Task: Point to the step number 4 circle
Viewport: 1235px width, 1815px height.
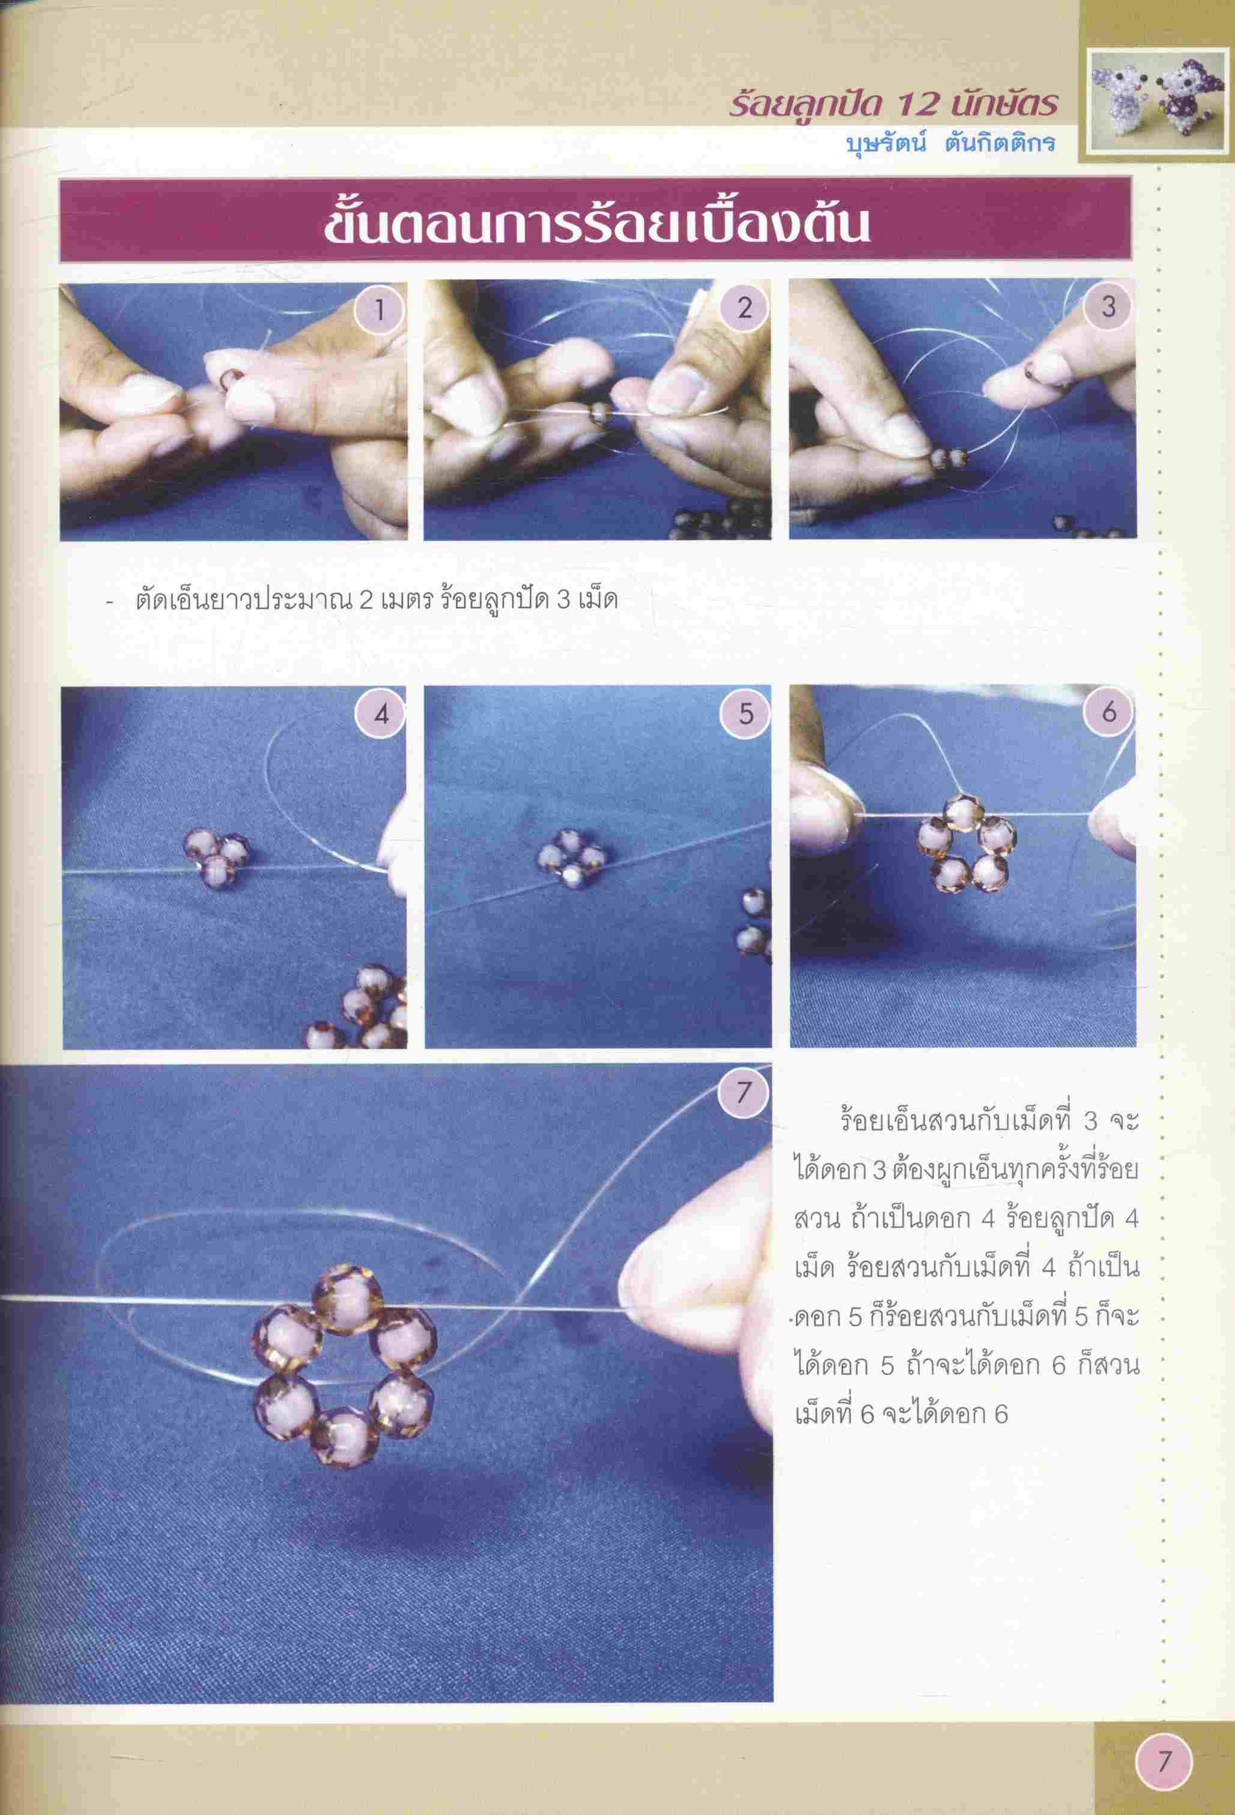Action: click(x=380, y=715)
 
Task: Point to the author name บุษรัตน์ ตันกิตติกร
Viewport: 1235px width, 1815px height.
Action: click(x=951, y=144)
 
